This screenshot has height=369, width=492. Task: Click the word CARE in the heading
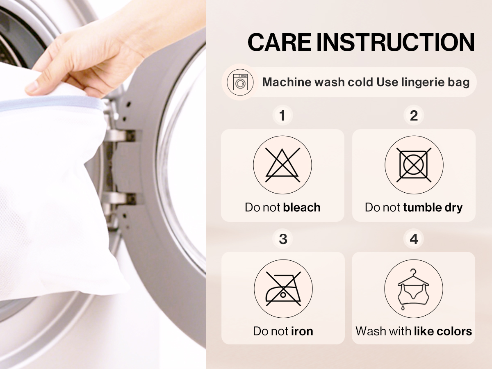pos(279,42)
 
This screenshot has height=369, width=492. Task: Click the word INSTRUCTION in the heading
pos(396,42)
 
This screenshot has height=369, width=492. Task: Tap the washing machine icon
pos(240,82)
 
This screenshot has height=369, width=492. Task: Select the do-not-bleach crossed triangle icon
pos(282,165)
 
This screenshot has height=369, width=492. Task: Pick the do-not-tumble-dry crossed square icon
pos(414,165)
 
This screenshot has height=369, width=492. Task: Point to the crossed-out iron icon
pos(283,289)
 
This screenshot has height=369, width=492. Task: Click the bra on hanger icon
pos(413,289)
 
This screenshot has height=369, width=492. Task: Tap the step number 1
pos(282,116)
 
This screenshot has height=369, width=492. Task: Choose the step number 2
pos(414,116)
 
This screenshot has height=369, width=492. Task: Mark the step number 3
pos(283,239)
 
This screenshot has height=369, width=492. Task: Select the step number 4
pos(414,239)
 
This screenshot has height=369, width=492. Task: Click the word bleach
pos(302,207)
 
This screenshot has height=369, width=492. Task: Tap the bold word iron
pos(302,331)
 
